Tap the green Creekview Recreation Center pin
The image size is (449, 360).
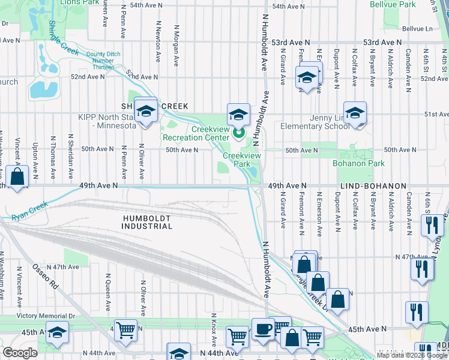tap(238, 133)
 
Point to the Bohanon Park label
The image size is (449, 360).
tap(359, 163)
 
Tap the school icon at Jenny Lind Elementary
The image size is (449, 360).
tap(355, 113)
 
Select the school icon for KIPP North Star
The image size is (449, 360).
tap(145, 111)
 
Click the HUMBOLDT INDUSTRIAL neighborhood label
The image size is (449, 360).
tap(146, 222)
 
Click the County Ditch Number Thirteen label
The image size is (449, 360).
tap(103, 61)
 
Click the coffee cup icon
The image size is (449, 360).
tap(262, 329)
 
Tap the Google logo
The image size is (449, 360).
tap(20, 353)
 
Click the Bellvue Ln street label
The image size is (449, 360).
tap(417, 28)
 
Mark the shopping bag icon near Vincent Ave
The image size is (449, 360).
tap(17, 177)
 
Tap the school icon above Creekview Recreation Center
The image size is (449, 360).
tap(238, 114)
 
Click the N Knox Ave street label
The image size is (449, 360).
tap(214, 322)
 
